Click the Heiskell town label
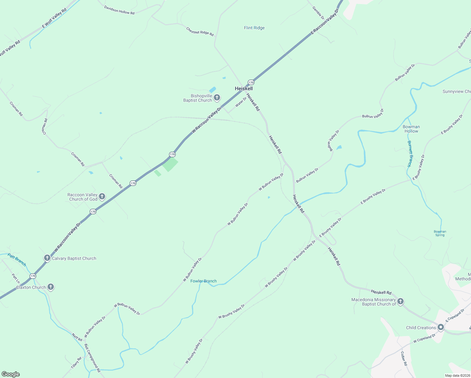[x=244, y=89]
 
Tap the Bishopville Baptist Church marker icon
[x=217, y=98]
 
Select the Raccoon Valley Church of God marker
[x=102, y=197]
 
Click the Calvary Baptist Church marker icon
[x=47, y=258]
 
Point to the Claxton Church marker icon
[x=51, y=287]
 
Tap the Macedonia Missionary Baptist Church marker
[x=400, y=301]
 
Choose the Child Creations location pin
[x=441, y=328]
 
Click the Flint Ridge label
[x=254, y=28]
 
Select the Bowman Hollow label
[x=411, y=129]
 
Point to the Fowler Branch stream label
[x=203, y=281]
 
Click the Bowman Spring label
[x=440, y=233]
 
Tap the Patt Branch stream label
[x=17, y=260]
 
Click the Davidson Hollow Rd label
[x=119, y=10]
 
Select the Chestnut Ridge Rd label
[x=200, y=31]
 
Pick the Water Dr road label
[x=241, y=102]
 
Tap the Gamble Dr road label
[x=318, y=12]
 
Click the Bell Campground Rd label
[x=92, y=358]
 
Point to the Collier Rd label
[x=404, y=358]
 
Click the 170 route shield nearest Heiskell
[x=251, y=82]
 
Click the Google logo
[x=11, y=374]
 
